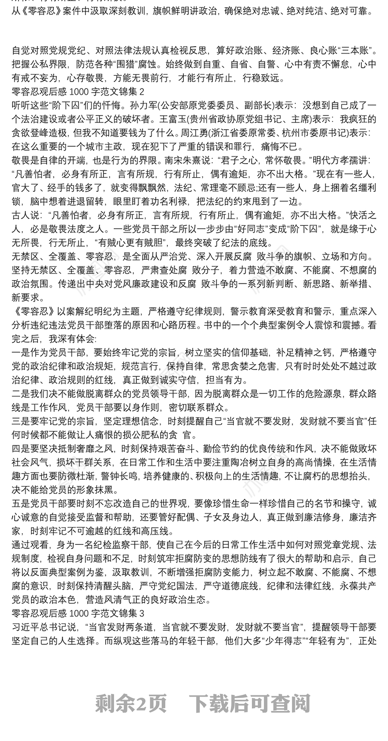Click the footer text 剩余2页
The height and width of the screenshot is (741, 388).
click(131, 704)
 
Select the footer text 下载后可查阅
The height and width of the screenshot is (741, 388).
click(249, 704)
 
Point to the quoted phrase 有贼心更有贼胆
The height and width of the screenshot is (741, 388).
click(135, 242)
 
